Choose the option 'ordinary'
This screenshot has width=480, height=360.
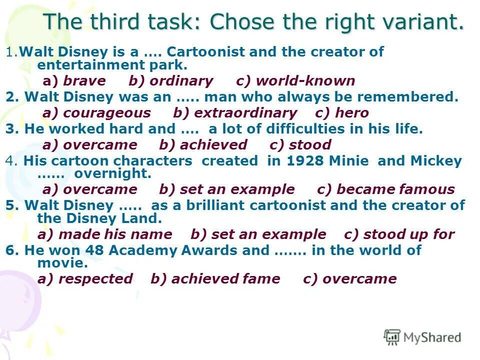coord(181,81)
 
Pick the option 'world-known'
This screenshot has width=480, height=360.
coord(305,81)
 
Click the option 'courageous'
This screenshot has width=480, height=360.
coord(106,113)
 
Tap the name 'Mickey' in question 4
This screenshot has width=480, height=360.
coord(436,161)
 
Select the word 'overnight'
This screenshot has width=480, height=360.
coord(112,173)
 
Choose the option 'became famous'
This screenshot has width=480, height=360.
coord(395,189)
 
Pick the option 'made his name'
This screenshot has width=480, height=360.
coord(115,234)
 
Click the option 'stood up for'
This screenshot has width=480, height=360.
coord(408,234)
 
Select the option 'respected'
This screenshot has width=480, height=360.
coord(95,279)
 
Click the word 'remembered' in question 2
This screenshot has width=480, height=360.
coord(418,97)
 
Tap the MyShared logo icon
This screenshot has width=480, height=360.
coord(392,337)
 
